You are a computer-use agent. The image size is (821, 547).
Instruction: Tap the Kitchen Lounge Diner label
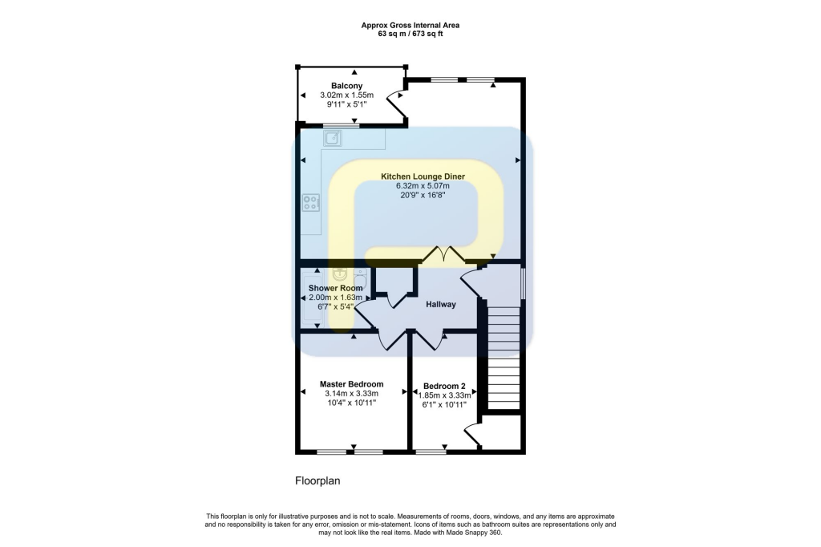pos(423,176)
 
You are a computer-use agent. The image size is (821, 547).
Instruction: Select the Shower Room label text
pos(335,288)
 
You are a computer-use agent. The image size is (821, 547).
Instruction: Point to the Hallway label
pos(440,305)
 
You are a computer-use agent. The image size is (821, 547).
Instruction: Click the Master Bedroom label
pos(351,384)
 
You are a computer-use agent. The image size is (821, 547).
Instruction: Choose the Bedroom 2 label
pos(443,384)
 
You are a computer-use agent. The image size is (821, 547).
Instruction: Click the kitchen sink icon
pos(333,139)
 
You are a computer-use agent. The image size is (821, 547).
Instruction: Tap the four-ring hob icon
pos(310,203)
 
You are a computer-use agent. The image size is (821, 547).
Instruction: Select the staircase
pos(504,357)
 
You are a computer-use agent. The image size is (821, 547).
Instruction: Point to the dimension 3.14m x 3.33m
pos(351,394)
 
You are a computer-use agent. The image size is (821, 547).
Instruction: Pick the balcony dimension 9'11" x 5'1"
pos(346,104)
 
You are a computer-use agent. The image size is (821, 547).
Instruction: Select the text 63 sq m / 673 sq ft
pos(410,34)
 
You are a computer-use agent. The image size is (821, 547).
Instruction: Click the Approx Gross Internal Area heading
pos(410,26)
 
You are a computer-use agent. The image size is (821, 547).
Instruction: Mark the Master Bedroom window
pos(350,452)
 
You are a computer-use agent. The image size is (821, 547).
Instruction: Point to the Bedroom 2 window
pos(431,452)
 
